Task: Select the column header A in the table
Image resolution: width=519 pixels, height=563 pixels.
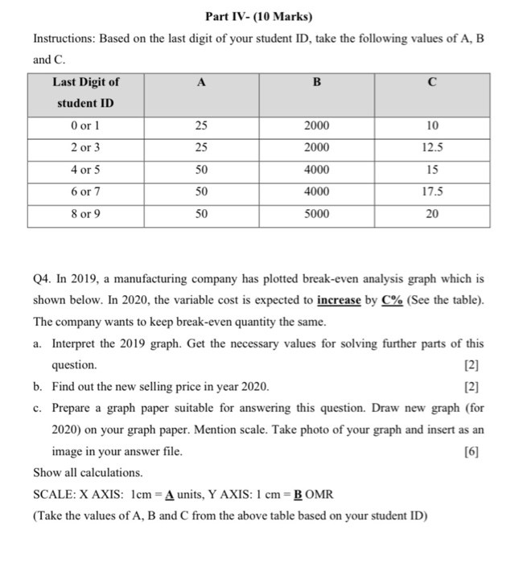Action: point(200,81)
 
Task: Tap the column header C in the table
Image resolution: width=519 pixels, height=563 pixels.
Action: point(433,81)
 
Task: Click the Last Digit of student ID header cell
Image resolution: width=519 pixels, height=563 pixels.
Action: point(85,92)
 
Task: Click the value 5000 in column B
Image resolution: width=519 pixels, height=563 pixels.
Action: point(316,215)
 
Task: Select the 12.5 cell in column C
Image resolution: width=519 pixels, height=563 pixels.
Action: point(433,148)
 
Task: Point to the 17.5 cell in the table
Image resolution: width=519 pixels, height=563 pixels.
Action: point(433,193)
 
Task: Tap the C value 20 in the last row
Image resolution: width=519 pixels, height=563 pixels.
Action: point(433,215)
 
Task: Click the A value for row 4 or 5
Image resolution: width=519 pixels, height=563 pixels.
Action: point(200,171)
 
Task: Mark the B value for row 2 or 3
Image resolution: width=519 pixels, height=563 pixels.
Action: point(316,148)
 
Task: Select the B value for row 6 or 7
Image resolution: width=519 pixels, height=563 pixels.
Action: point(316,193)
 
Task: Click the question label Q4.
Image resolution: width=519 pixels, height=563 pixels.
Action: point(43,279)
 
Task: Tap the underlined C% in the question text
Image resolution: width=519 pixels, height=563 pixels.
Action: point(394,300)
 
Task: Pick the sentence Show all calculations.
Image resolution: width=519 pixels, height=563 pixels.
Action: point(89,473)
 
